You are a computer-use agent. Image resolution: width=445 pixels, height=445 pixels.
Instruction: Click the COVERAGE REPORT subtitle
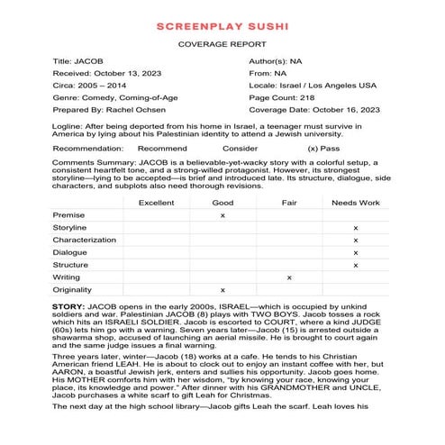(222, 43)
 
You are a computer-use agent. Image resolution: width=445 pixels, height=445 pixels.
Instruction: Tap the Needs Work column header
(356, 203)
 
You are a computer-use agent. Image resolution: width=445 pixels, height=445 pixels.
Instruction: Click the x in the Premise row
(222, 216)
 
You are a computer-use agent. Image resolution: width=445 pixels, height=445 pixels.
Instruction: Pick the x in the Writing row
(288, 277)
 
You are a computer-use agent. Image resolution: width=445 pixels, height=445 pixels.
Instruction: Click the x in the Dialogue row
(356, 253)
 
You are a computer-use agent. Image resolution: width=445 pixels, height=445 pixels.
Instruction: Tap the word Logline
(68, 131)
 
